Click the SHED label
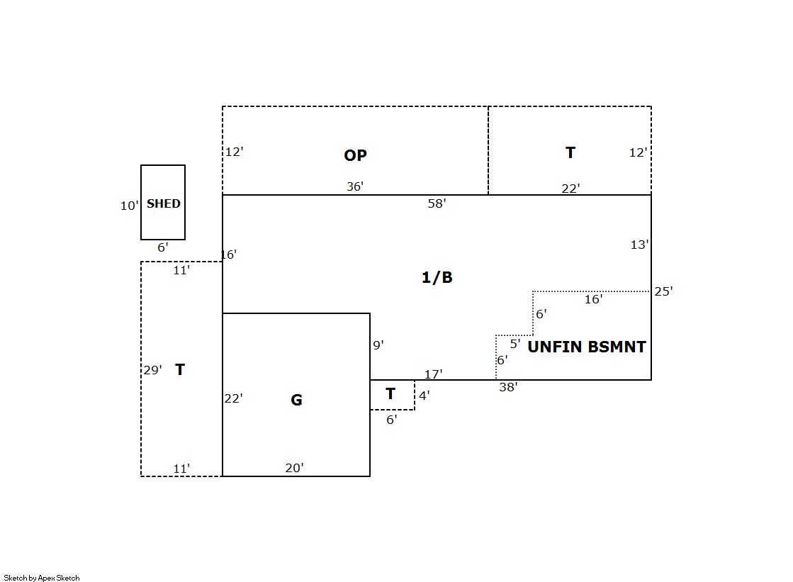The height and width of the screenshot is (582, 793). [x=164, y=203]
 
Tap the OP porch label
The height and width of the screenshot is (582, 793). [x=355, y=155]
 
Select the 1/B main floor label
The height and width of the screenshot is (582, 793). [x=437, y=277]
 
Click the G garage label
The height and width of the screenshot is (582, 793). [x=296, y=400]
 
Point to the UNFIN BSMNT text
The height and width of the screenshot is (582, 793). [x=587, y=347]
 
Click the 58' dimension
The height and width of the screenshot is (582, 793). [x=437, y=203]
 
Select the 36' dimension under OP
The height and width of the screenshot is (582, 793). [x=355, y=186]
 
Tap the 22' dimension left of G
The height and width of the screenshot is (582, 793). [x=233, y=398]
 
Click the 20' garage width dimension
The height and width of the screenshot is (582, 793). [x=294, y=468]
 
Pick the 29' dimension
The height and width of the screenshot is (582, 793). [x=152, y=370]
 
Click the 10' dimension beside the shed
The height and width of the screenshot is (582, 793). [x=129, y=206]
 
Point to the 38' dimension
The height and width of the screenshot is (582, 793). [x=508, y=387]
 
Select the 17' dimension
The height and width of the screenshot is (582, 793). [x=434, y=374]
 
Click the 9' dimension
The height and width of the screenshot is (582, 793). [x=378, y=345]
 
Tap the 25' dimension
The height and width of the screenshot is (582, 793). [x=663, y=291]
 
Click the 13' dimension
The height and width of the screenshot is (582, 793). [x=639, y=245]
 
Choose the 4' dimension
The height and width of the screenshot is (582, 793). [x=424, y=396]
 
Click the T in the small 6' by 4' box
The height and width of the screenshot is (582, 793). [x=390, y=393]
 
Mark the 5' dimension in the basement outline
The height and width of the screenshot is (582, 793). [x=514, y=344]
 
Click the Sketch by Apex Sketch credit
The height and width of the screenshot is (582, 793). [x=42, y=578]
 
